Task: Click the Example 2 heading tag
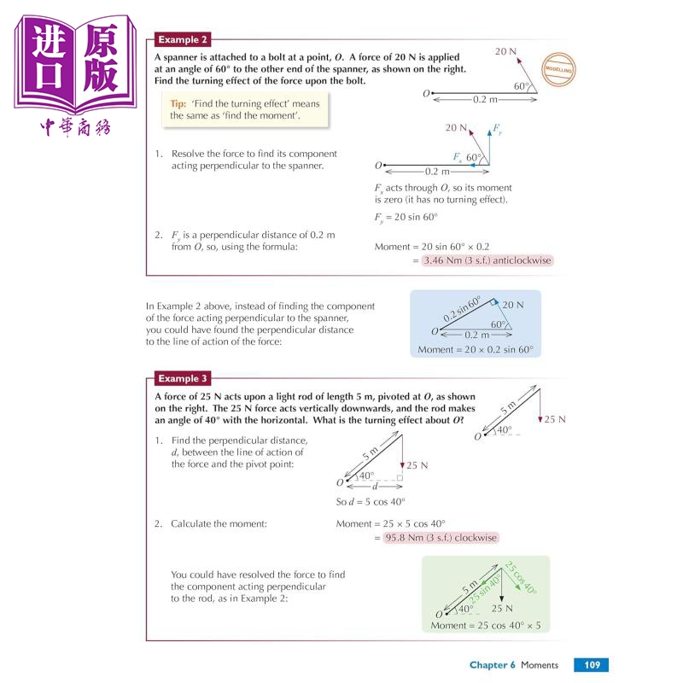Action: [182, 40]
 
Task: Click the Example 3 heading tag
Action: [182, 378]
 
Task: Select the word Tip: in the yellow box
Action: [178, 102]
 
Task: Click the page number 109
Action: [590, 665]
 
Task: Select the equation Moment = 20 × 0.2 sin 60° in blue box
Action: [480, 350]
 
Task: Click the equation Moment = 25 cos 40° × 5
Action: [486, 626]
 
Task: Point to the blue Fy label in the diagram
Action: [498, 129]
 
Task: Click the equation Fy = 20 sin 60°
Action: [406, 219]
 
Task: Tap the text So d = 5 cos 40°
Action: [371, 502]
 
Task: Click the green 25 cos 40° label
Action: [519, 578]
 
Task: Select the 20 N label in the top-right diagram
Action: [506, 52]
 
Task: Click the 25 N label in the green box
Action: [502, 609]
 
